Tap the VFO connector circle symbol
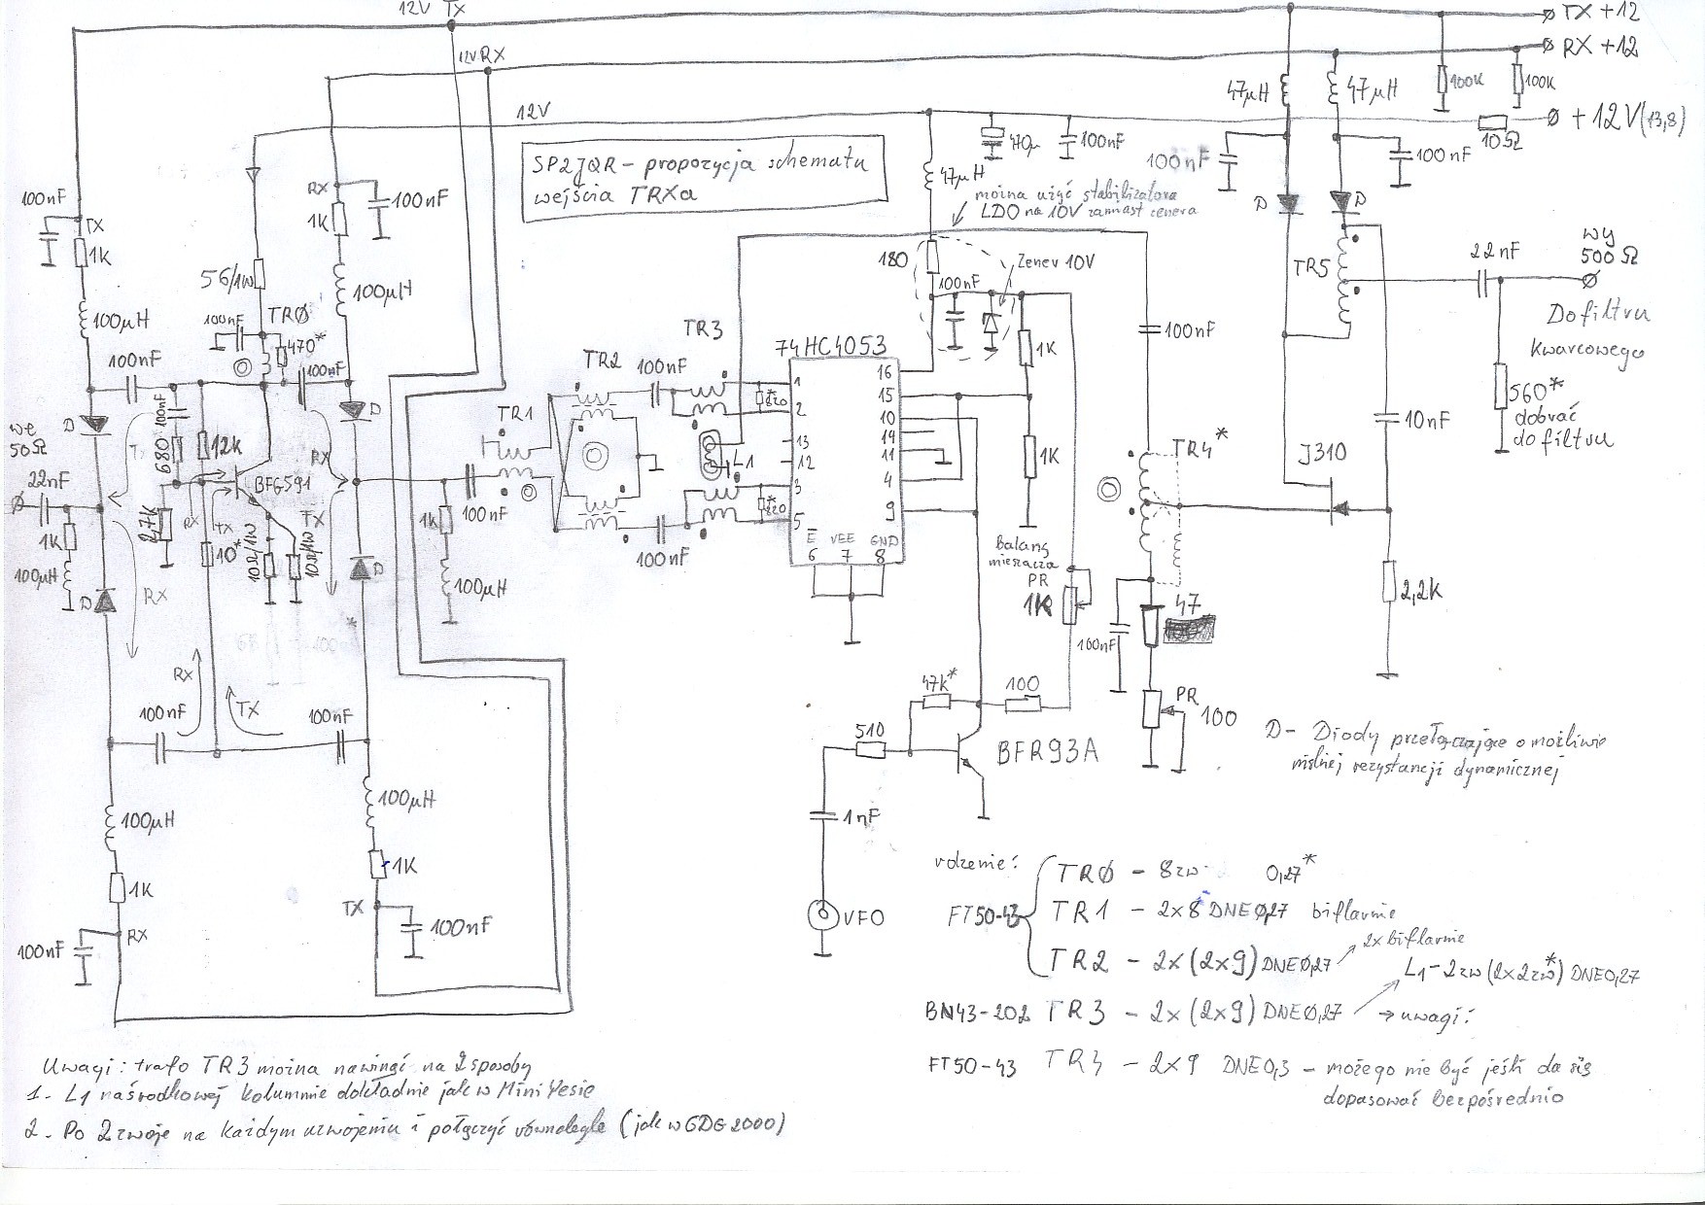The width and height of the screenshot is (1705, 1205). pyautogui.click(x=822, y=914)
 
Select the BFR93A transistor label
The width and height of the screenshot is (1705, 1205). pyautogui.click(x=1048, y=751)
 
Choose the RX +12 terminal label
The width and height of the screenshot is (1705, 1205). pyautogui.click(x=1598, y=46)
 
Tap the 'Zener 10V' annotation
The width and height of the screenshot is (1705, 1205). pyautogui.click(x=1055, y=262)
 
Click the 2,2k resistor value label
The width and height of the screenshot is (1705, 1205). pyautogui.click(x=1421, y=589)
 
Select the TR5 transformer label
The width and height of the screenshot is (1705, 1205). pyautogui.click(x=1309, y=267)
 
